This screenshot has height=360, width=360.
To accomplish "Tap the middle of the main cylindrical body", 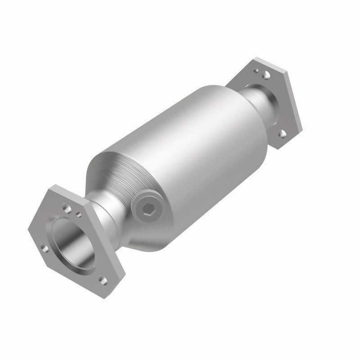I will click(189, 148).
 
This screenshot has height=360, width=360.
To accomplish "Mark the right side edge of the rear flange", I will click(295, 103).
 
